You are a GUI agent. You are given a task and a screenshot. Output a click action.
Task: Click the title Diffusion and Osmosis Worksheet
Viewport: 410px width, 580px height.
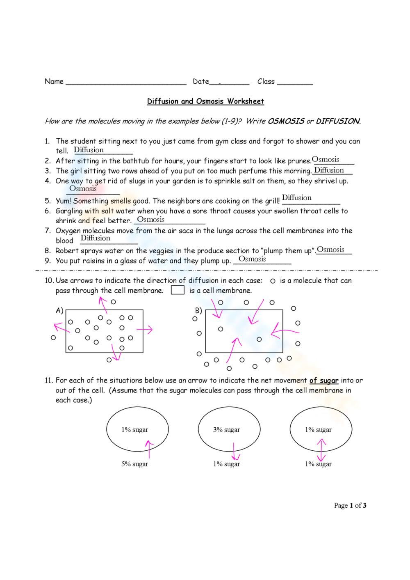point(205,101)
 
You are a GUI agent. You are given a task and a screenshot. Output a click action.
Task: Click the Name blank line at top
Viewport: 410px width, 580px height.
point(126,82)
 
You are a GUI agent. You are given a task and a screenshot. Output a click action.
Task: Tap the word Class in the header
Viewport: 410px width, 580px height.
point(266,82)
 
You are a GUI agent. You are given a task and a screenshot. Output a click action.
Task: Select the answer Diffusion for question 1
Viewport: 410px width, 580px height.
point(89,150)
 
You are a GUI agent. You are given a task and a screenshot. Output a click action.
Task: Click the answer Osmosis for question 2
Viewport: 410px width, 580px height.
point(326,160)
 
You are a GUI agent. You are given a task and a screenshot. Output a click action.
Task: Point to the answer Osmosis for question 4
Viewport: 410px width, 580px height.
point(83,189)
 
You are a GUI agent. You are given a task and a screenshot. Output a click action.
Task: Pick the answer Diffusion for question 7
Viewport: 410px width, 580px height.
point(95,238)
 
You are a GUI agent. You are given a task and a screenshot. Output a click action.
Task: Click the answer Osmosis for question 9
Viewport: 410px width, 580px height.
point(252,259)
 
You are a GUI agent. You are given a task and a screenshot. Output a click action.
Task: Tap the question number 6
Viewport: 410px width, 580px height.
point(48,211)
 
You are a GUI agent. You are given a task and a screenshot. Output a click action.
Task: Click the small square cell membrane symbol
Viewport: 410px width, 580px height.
point(178,290)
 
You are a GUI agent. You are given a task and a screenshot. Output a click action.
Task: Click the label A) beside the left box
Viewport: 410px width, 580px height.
point(59,311)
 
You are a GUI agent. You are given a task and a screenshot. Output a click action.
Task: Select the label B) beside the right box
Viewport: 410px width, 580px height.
point(198,311)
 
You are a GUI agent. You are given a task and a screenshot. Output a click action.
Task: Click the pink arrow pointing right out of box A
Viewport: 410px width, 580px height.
point(145,330)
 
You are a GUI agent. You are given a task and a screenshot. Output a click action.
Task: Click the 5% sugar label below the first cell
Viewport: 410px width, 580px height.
point(134,464)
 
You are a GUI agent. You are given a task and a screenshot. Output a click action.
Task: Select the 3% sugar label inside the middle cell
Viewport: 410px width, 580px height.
point(226,430)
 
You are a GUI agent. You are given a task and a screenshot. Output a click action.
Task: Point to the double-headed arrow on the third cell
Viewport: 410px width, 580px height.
point(321,450)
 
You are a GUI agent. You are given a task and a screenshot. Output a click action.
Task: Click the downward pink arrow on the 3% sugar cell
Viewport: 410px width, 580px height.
point(235,452)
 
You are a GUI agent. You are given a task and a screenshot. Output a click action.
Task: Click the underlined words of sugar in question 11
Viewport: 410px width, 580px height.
point(324,381)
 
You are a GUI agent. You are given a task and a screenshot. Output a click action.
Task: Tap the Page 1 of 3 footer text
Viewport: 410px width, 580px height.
point(350,506)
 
